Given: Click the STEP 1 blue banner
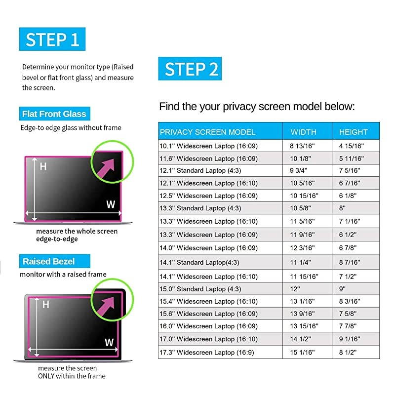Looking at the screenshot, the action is (52, 39).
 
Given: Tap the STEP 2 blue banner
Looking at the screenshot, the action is (190, 69).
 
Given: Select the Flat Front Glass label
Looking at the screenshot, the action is (55, 114).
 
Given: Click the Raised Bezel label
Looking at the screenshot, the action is (55, 261).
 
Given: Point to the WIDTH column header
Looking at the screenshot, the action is (303, 132).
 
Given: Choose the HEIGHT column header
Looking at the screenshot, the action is (353, 132).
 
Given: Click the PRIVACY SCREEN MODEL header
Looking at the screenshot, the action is (207, 132).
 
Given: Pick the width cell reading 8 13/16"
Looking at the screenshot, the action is (302, 146).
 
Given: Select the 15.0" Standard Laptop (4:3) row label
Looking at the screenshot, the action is (200, 289).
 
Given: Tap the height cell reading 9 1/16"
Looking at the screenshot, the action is (350, 339).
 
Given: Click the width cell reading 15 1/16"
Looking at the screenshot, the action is (302, 352).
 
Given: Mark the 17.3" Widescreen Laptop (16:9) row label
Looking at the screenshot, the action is (207, 352).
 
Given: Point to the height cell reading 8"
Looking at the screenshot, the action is (342, 208).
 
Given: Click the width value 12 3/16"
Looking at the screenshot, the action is (302, 248).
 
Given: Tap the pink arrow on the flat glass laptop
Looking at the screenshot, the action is (106, 167).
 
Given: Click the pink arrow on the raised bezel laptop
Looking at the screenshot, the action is (106, 306).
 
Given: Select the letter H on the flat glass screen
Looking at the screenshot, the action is (43, 166).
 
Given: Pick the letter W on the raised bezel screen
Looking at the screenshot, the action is (109, 342).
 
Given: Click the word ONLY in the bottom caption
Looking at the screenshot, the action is (46, 376).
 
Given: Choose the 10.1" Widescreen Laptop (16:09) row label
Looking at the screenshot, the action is (208, 146).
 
